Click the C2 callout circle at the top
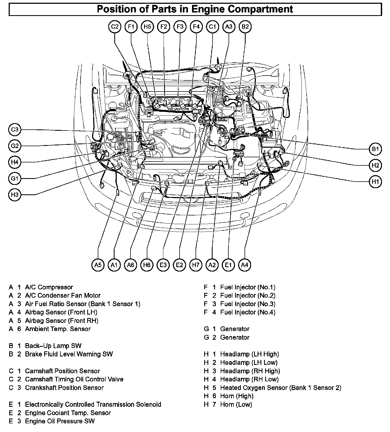coord(115,27)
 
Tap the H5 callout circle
coord(147,27)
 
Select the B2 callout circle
coord(245,27)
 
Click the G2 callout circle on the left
coord(15,146)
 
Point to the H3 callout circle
coord(15,195)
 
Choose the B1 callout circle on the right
coord(375,149)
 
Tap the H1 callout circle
coord(375,182)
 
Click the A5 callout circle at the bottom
coord(98,265)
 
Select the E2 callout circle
coord(180,265)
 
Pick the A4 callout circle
coord(245,265)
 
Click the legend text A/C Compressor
coord(49,287)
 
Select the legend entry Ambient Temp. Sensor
coord(58,329)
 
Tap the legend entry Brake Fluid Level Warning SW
coord(69,354)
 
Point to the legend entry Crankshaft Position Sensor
coord(64,388)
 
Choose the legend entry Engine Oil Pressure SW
coord(60,421)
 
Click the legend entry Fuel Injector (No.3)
coord(248,304)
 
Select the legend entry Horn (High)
coord(237,396)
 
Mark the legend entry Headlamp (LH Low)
coord(249,362)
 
